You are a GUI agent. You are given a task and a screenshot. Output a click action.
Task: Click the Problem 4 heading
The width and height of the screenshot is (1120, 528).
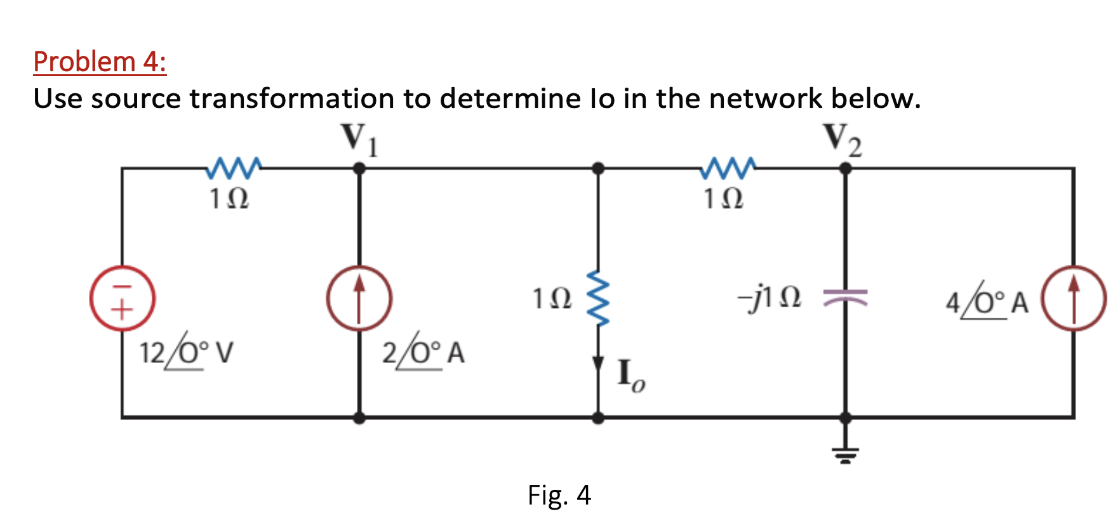tap(100, 62)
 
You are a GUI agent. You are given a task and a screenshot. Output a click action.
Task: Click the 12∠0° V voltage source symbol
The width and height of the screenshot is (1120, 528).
tap(122, 298)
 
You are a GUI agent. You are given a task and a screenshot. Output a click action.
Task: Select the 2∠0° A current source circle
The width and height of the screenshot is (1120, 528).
tap(359, 298)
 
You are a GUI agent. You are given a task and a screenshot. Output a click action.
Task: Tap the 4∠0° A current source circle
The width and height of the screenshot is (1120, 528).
tap(1074, 298)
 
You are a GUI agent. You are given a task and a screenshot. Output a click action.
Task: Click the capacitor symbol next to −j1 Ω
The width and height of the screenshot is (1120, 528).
tap(845, 297)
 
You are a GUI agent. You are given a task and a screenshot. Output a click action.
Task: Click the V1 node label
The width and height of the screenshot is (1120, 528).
tap(359, 139)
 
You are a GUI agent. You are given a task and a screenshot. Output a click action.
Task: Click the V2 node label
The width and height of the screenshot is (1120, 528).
tap(843, 139)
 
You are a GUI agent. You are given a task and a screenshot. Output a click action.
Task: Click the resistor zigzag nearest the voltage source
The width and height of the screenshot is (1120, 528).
tap(234, 168)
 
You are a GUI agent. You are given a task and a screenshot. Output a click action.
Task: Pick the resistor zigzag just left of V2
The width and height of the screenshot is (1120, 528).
tap(728, 168)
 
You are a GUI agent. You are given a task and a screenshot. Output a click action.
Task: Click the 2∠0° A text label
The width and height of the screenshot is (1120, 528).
tap(423, 352)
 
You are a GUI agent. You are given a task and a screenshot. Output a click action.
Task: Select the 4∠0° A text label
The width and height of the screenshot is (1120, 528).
tap(987, 301)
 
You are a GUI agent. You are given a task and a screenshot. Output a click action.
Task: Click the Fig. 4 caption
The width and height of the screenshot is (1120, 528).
tap(559, 495)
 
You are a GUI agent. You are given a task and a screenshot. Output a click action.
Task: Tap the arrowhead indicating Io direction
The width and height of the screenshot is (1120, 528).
tap(598, 364)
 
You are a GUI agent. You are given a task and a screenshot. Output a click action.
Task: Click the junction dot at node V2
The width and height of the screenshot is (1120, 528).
tap(845, 168)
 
